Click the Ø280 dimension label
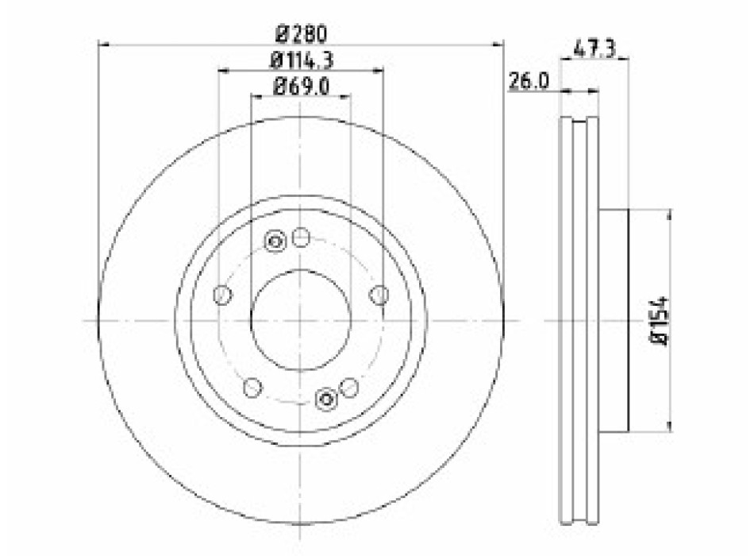click(301, 34)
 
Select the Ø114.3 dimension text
click(302, 60)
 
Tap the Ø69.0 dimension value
click(301, 87)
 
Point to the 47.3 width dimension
click(594, 49)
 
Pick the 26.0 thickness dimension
click(529, 81)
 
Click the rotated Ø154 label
click(659, 321)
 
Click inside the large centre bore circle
click(301, 320)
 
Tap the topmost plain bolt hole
click(301, 237)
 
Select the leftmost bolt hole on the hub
click(222, 295)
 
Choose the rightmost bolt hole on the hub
click(380, 295)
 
